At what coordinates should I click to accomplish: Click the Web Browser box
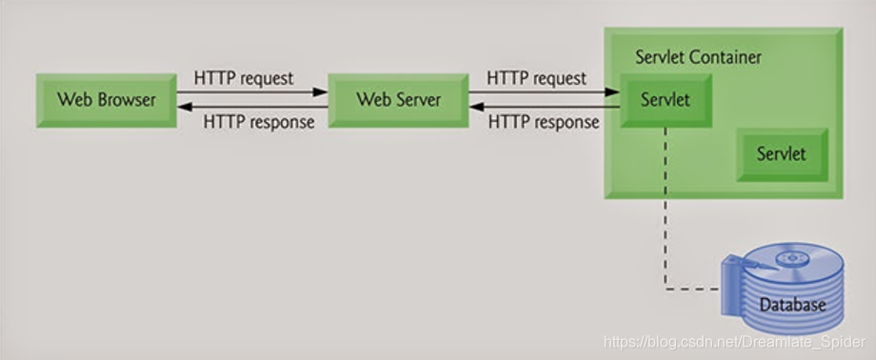click(x=105, y=99)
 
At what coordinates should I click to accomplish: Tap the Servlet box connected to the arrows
click(x=666, y=99)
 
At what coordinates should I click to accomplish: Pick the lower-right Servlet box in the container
click(x=781, y=153)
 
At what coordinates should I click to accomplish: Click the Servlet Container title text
click(x=698, y=56)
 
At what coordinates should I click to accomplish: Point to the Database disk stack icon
click(x=782, y=286)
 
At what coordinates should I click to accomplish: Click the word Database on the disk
click(x=791, y=306)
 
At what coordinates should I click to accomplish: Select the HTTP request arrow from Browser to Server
click(x=253, y=92)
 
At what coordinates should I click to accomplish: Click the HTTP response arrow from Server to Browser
click(x=253, y=107)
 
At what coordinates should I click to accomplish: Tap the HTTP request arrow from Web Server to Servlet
click(x=543, y=92)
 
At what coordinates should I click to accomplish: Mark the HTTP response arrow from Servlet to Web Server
click(x=543, y=107)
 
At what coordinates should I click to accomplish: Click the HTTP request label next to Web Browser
click(x=244, y=77)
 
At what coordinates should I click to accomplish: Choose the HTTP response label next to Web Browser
click(x=259, y=122)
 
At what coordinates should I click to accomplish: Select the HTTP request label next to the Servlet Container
click(x=536, y=77)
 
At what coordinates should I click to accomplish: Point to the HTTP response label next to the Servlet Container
click(x=544, y=122)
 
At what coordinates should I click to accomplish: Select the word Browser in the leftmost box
click(x=125, y=99)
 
